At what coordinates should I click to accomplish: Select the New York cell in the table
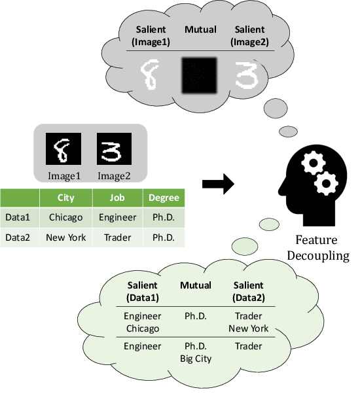[x=65, y=237]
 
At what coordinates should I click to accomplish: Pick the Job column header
[x=118, y=198]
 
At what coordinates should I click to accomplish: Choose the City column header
[x=65, y=198]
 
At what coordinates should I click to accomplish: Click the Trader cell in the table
[x=118, y=237]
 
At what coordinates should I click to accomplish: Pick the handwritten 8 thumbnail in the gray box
[x=60, y=149]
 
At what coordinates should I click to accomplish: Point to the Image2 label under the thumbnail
[x=115, y=175]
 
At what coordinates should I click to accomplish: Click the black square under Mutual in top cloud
[x=199, y=74]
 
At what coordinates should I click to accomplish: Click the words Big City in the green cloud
[x=196, y=358]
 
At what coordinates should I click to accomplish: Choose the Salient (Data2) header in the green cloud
[x=249, y=291]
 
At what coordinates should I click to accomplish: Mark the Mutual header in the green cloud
[x=196, y=285]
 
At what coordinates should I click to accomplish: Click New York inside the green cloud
[x=249, y=328]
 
